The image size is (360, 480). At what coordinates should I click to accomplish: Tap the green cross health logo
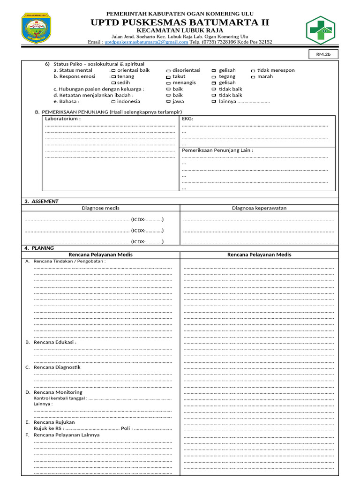321,30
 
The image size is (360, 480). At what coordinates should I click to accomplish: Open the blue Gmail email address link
146,42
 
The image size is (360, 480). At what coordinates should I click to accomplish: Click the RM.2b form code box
323,55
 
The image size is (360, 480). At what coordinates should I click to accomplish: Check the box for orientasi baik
113,71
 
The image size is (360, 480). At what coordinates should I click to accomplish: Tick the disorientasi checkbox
168,71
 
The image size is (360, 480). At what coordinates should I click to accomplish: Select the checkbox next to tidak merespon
253,71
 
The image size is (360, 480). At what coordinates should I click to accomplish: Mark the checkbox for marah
253,77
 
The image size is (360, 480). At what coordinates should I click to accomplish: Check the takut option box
168,77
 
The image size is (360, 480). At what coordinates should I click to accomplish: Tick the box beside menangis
168,83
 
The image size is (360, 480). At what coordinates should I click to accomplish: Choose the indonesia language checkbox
113,102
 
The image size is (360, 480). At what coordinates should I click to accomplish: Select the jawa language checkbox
168,102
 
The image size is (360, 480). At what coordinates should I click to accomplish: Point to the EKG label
187,119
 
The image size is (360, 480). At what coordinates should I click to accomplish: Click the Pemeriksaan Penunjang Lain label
217,150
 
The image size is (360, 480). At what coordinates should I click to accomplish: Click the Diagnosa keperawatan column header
259,208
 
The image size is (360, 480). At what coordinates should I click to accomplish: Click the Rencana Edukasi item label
54,342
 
